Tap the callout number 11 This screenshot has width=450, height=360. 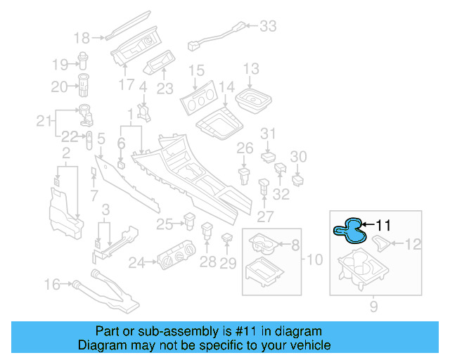click(x=382, y=225)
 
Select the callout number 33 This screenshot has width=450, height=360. click(x=268, y=26)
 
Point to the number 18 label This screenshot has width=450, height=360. click(x=82, y=37)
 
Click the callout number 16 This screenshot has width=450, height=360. click(x=53, y=285)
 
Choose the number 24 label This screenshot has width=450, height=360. click(x=136, y=263)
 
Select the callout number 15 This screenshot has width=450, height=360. click(x=196, y=70)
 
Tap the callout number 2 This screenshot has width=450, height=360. click(x=65, y=154)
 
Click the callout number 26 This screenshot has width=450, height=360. click(x=244, y=148)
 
